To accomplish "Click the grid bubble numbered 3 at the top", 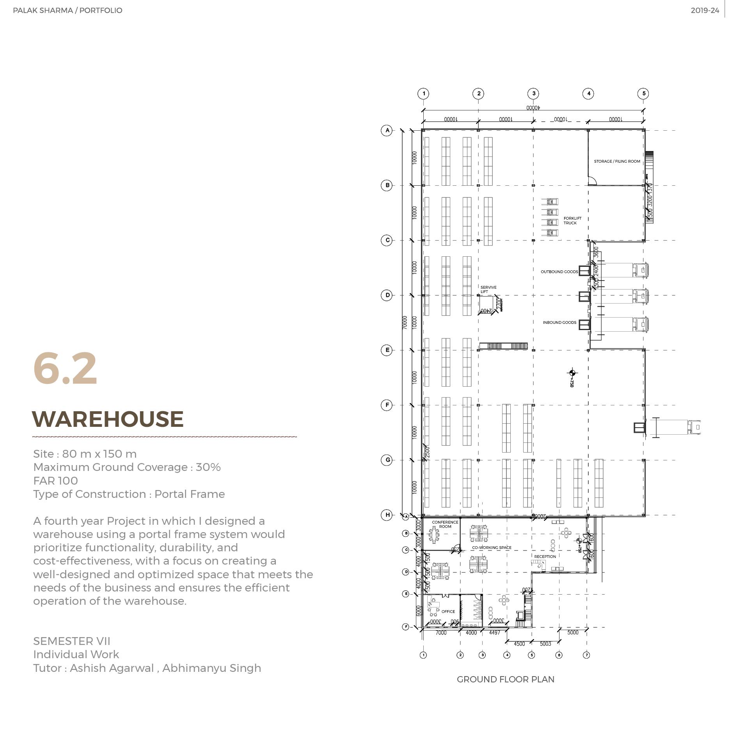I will tap(533, 94).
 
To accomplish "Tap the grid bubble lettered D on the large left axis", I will tap(387, 295).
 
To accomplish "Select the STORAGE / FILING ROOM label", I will tap(617, 161).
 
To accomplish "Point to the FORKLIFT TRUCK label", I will tap(572, 220).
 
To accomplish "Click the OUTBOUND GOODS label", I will tap(559, 272).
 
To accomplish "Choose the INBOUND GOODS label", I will tap(559, 322).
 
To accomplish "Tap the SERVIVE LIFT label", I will tap(488, 289).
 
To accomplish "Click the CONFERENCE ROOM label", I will tap(445, 524).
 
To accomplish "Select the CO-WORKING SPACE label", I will tap(492, 547).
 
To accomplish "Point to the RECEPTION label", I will tap(545, 556).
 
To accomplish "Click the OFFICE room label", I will tap(448, 611).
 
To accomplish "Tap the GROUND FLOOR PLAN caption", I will tap(505, 679).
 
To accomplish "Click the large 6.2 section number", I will tap(65, 369).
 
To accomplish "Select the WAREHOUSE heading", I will tap(108, 419).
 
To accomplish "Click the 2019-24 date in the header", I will tap(705, 11).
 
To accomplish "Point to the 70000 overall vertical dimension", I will tap(405, 322).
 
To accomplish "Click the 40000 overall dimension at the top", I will tap(533, 108).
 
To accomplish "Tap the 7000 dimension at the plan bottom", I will tap(441, 632).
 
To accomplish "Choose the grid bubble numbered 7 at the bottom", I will tap(586, 655).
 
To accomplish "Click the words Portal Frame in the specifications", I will tap(190, 494).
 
